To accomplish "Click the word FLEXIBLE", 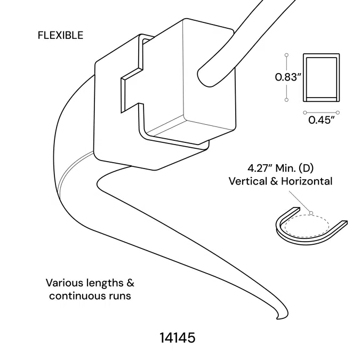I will coord(60,36).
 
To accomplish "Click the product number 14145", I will coord(178,338).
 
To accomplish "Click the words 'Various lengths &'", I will coord(90,283).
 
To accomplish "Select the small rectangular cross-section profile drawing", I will coord(321,78).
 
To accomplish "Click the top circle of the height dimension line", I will coord(286,54).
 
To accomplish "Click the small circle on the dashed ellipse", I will coord(310,213).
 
